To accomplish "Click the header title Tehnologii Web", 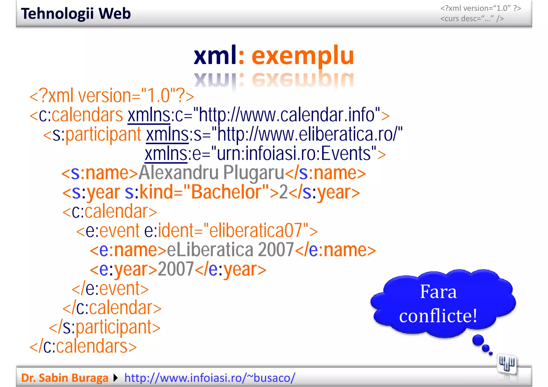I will [76, 14].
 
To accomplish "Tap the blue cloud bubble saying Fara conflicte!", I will [442, 303].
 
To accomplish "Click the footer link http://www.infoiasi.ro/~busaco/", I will [210, 378].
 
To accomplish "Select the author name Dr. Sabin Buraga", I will [65, 378].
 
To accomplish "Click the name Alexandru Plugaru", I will [211, 173].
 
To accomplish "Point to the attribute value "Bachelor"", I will [226, 192].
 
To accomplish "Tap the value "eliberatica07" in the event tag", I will [256, 230].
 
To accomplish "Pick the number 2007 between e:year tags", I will [176, 269].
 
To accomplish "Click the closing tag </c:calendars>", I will [83, 346].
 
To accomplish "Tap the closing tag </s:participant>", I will [105, 327].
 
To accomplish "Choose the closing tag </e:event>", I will [110, 289].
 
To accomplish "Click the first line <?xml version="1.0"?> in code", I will [112, 96].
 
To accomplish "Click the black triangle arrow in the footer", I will [116, 378].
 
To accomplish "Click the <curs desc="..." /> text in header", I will [472, 19].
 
